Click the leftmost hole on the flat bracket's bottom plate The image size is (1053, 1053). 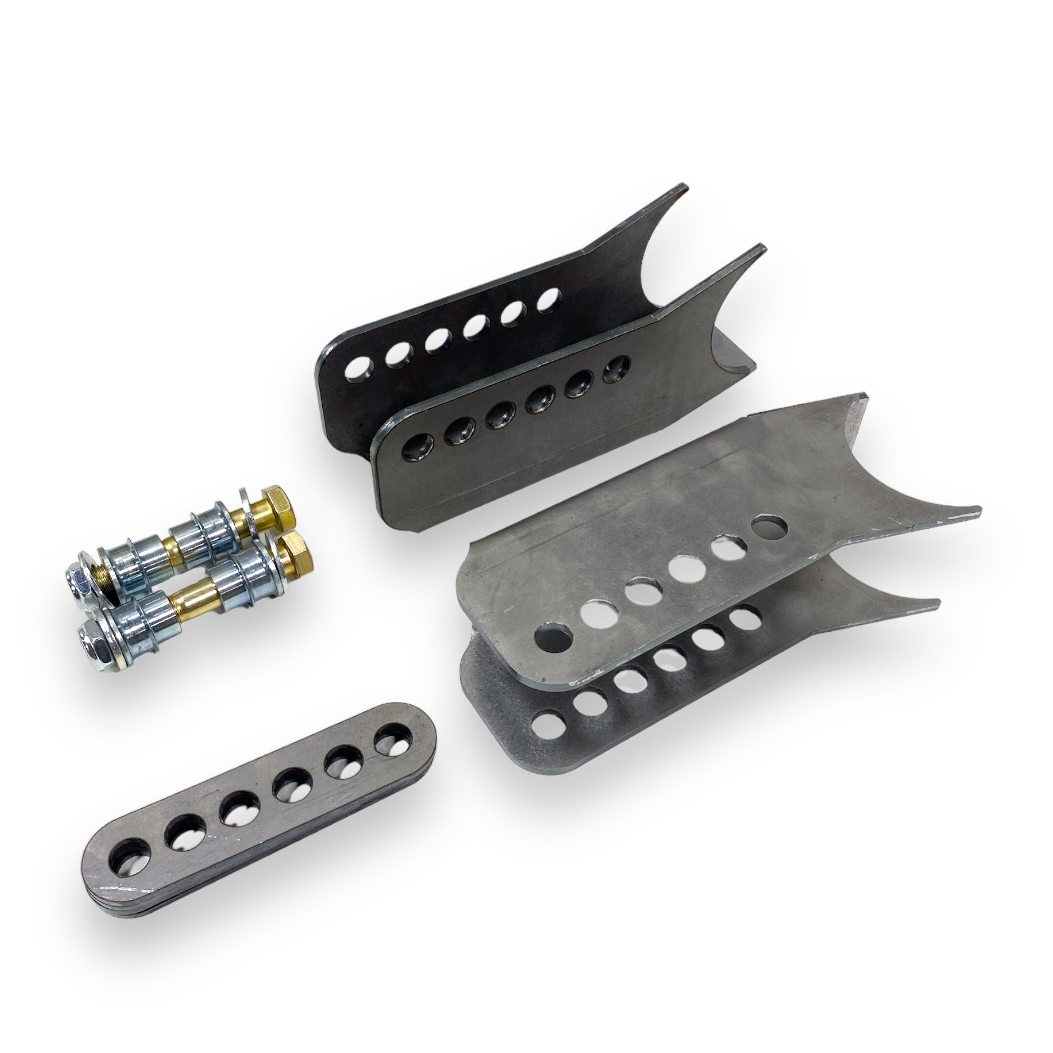coord(545,726)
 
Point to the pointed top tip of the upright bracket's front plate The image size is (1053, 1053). coord(762,249)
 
